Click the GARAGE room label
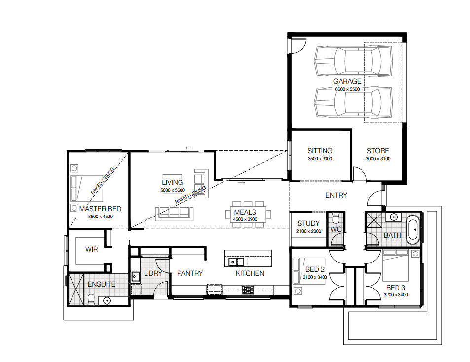(347, 81)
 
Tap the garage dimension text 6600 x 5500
(347, 89)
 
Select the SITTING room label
(320, 151)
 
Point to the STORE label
(378, 151)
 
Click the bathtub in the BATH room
(413, 229)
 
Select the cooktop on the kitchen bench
(248, 290)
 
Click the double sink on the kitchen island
(236, 262)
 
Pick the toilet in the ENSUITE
(91, 299)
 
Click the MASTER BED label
(100, 209)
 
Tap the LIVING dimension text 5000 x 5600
(172, 190)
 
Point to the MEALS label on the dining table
(245, 212)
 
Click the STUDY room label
(308, 223)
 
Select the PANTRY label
(190, 273)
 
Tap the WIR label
(91, 249)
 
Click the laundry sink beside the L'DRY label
(135, 277)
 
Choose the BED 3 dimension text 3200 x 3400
(396, 295)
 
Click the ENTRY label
(336, 195)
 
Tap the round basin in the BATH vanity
(394, 217)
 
